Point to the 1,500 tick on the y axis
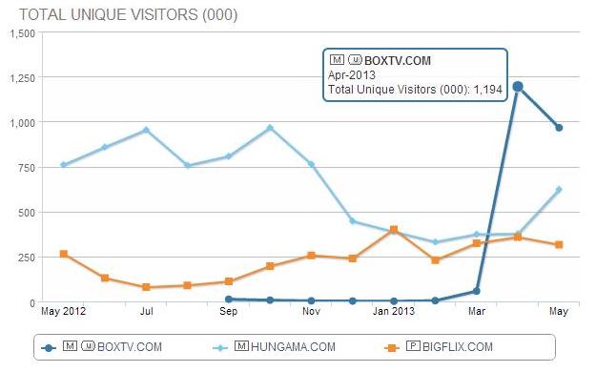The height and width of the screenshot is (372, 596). point(21,32)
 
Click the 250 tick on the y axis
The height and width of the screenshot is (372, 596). point(26,257)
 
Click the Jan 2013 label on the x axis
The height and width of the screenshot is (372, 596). point(393,311)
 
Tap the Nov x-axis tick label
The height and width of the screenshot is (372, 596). point(311,311)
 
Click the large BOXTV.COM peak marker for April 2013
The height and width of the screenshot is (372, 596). point(518,87)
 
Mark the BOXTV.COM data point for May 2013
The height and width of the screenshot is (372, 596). point(559,128)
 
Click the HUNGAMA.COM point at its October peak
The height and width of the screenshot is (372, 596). point(270,128)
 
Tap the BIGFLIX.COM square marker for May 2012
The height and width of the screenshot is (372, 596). point(63,254)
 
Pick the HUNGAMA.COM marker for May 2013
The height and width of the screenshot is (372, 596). point(559,190)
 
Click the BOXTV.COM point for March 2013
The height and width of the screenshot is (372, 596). point(476,291)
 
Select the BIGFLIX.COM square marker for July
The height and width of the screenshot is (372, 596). point(146,287)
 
